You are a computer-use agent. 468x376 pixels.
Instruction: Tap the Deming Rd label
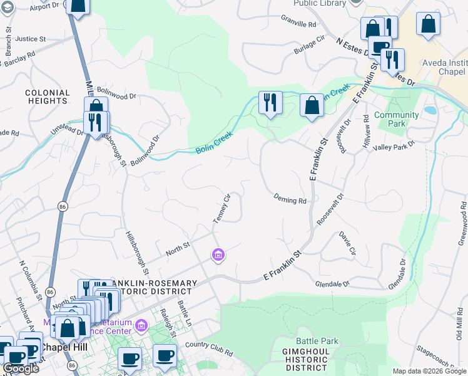pos(290,200)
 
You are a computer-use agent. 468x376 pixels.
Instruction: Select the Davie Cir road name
pos(347,244)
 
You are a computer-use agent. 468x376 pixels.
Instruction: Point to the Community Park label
pos(396,119)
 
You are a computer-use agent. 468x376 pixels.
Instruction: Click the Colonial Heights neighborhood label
pos(47,97)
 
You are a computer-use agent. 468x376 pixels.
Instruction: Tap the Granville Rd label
pos(299,24)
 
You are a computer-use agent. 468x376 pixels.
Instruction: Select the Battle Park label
pos(317,342)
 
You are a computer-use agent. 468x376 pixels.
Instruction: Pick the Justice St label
pos(31,39)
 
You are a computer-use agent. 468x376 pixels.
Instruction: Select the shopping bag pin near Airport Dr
pos(78,6)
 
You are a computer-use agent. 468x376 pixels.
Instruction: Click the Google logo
pos(21,368)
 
